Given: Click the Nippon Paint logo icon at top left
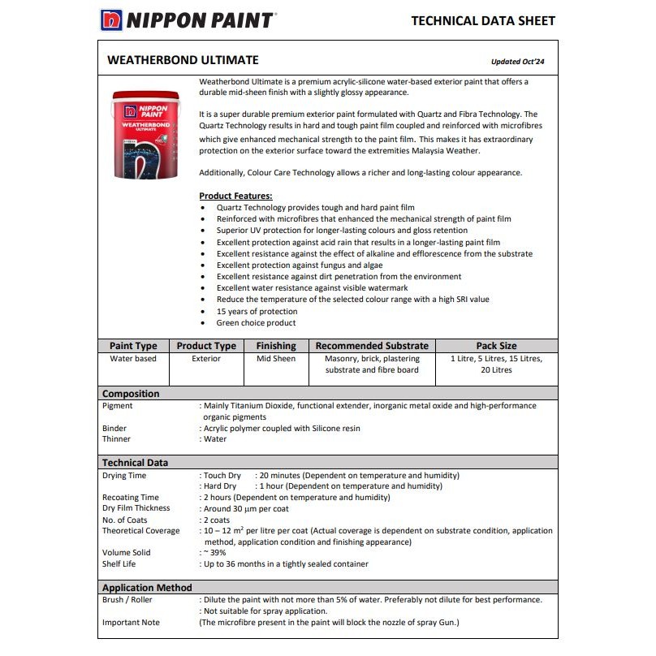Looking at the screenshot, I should (x=112, y=19).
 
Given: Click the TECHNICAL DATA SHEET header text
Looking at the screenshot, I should (x=483, y=20).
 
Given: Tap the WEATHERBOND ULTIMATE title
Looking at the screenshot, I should (x=183, y=60).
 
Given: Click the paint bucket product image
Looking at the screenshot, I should (x=146, y=134).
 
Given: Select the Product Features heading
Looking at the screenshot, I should (x=235, y=196).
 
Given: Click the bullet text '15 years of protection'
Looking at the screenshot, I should (x=257, y=311).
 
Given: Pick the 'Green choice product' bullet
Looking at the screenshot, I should (x=256, y=322).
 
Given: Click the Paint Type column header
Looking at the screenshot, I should (x=133, y=346).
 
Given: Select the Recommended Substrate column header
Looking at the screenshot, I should (x=371, y=346).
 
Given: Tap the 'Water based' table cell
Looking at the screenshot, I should (x=133, y=358).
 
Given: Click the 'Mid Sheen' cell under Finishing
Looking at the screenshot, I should (x=276, y=358).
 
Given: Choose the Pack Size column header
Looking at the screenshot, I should (x=496, y=346).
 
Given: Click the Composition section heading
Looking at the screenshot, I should (x=131, y=394).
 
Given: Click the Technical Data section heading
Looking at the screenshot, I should (x=135, y=463).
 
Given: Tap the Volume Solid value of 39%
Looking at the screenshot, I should (x=215, y=552).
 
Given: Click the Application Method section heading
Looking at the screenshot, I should (x=147, y=588).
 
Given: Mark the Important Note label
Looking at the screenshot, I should (x=131, y=623).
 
